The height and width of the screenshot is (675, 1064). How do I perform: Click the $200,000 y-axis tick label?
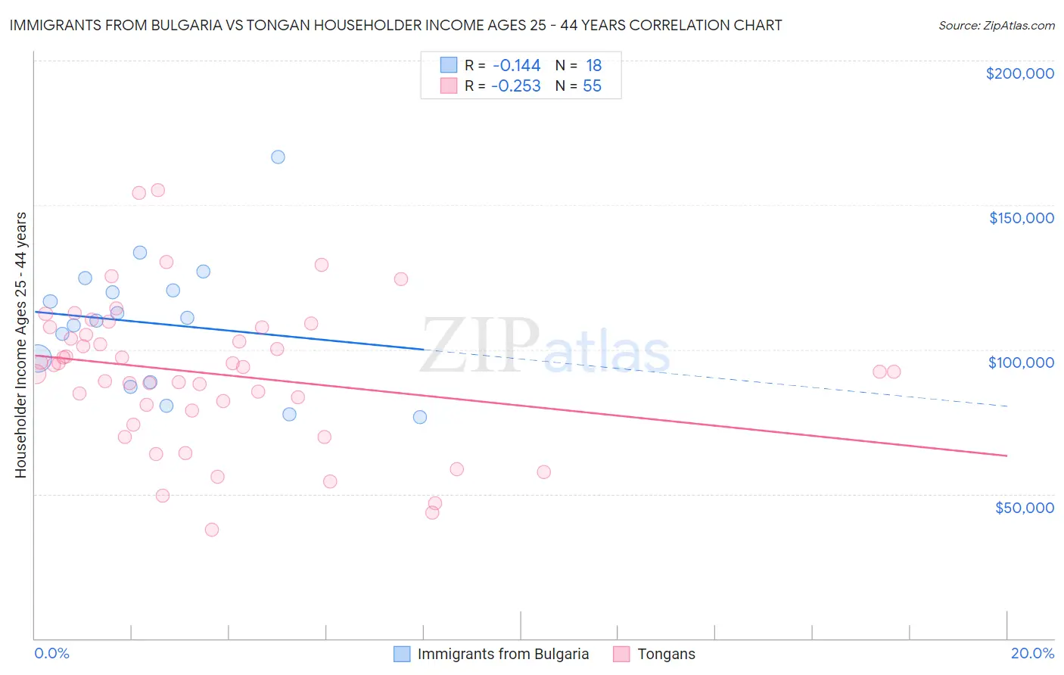point(1019,73)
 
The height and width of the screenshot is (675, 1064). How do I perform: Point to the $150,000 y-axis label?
point(1021,218)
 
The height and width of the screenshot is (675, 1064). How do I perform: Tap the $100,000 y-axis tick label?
point(1021,362)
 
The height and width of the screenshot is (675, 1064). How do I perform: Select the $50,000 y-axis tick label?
point(1024,507)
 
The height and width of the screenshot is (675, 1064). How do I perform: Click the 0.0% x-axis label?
point(51,653)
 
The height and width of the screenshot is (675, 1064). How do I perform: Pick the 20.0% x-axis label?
point(1032,653)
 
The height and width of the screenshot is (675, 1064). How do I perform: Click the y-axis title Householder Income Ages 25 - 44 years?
point(20,345)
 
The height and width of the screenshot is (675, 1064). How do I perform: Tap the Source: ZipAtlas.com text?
point(996,25)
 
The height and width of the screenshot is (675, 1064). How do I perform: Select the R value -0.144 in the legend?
point(515,65)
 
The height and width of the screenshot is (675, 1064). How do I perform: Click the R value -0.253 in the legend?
point(515,86)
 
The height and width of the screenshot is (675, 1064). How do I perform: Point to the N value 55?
point(592,86)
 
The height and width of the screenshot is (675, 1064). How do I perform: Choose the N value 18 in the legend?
point(593,65)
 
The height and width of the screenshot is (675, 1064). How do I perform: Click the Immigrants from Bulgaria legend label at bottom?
point(502,654)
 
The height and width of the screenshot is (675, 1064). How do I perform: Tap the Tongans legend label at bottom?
point(666,654)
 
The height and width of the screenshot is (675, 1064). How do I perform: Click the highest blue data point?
point(278,157)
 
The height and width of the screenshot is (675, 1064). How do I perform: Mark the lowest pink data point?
point(212,530)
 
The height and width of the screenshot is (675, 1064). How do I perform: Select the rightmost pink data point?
point(894,372)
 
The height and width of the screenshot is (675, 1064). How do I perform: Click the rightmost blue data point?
point(420,417)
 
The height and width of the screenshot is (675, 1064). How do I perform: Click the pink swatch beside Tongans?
point(621,654)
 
